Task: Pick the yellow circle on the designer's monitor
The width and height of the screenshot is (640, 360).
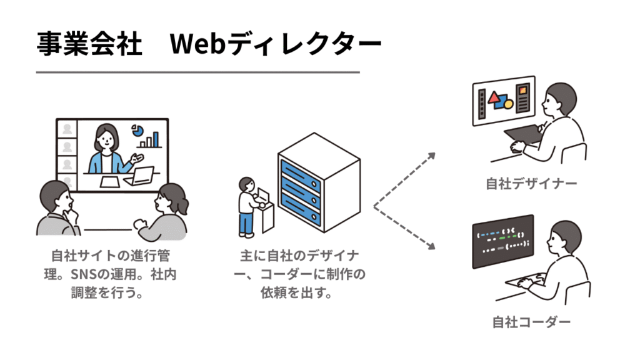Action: point(508,103)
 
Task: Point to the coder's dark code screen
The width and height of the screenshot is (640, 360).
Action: point(503,241)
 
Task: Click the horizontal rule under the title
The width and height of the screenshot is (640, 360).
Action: point(197,72)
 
